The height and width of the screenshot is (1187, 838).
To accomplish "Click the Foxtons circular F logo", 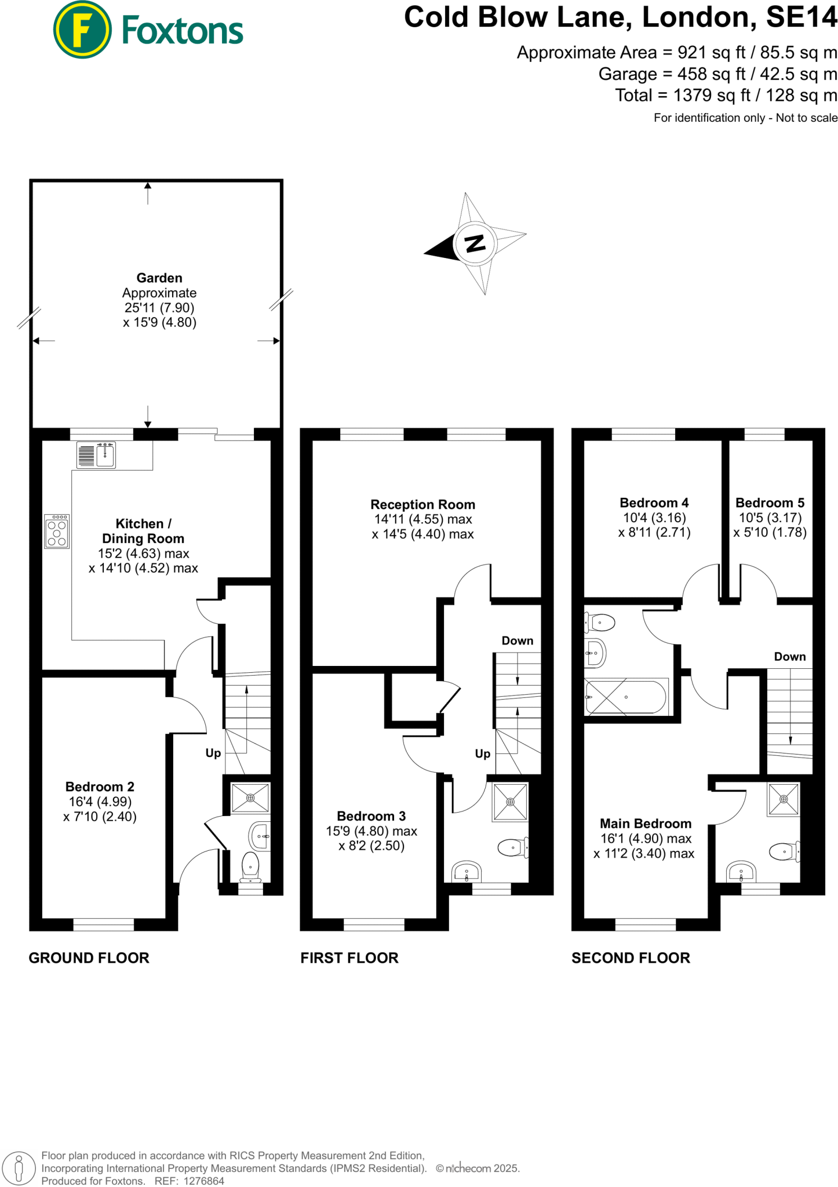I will pyautogui.click(x=82, y=30).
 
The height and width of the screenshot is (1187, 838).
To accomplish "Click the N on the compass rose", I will pyautogui.click(x=475, y=243).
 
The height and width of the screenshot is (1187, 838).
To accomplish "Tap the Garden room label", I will pyautogui.click(x=159, y=278).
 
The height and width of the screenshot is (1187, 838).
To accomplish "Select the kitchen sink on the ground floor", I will pyautogui.click(x=105, y=454).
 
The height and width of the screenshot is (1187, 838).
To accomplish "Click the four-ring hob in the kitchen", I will pyautogui.click(x=57, y=531).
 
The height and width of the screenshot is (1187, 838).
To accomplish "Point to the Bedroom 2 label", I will pyautogui.click(x=100, y=787).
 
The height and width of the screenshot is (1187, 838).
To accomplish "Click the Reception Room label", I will pyautogui.click(x=422, y=504).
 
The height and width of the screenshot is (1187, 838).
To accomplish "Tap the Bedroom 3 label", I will pyautogui.click(x=371, y=816).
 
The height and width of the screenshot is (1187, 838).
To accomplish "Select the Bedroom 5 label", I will pyautogui.click(x=770, y=503).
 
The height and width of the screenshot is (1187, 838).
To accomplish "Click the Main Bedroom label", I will pyautogui.click(x=645, y=824).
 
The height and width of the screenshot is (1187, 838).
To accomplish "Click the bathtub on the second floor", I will pyautogui.click(x=626, y=697).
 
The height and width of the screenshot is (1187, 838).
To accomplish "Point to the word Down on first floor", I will pyautogui.click(x=517, y=640).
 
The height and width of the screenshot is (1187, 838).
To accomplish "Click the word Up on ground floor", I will pyautogui.click(x=213, y=753).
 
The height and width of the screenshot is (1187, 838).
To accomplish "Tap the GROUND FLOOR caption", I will pyautogui.click(x=89, y=958).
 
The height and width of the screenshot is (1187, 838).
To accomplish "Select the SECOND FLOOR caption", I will pyautogui.click(x=631, y=958).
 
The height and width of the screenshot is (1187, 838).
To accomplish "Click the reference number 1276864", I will pyautogui.click(x=203, y=1181).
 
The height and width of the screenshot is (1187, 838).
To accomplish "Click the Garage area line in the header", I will pyautogui.click(x=717, y=74).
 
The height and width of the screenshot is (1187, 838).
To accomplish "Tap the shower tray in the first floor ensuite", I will pyautogui.click(x=510, y=802).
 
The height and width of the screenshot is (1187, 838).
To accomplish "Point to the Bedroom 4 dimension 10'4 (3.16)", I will pyautogui.click(x=654, y=518).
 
